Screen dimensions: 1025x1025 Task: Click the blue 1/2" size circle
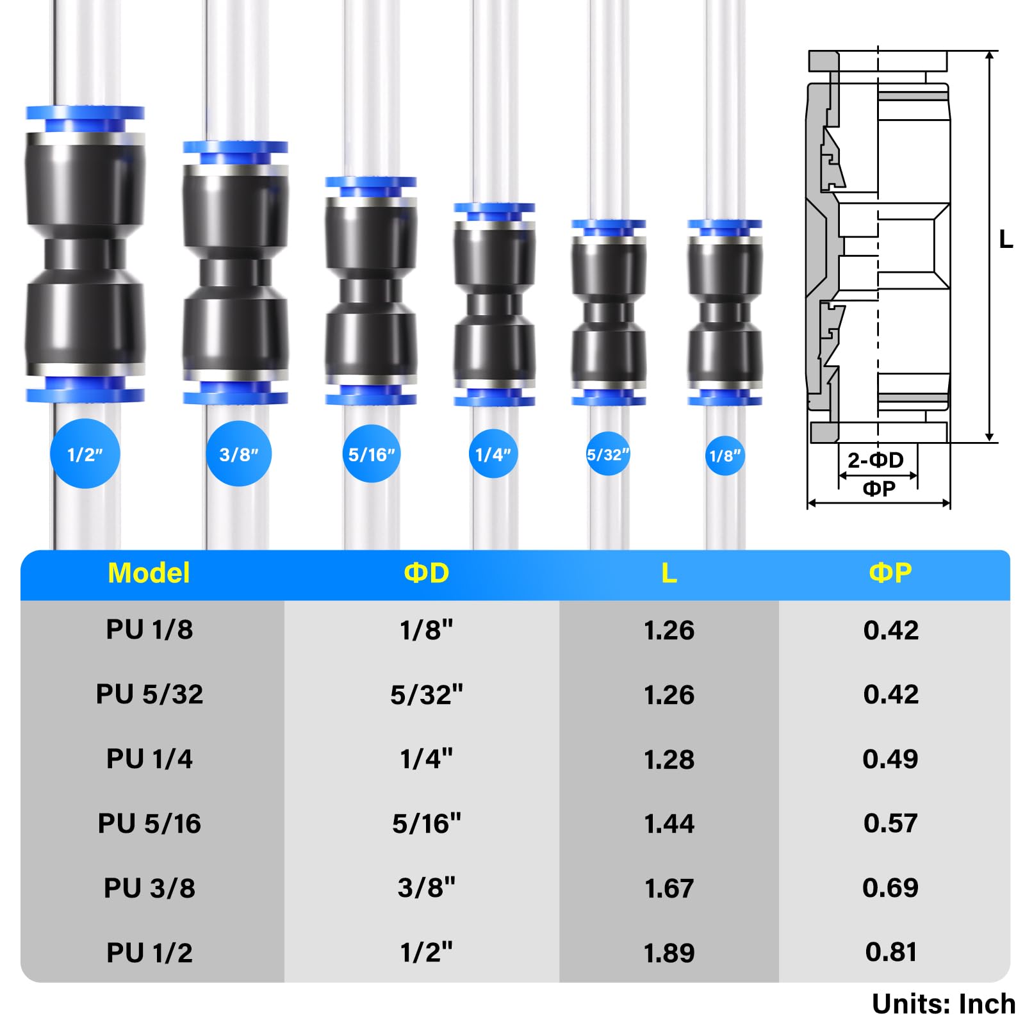[85, 454]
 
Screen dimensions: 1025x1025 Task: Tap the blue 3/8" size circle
[238, 454]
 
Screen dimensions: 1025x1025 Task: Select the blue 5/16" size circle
[372, 454]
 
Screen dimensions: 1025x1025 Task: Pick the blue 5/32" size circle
[607, 454]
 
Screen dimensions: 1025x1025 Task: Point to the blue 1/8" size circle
[725, 455]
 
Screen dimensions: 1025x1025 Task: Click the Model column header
[149, 573]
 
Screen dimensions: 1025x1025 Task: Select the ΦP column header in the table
[890, 573]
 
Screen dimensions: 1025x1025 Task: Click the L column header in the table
[669, 573]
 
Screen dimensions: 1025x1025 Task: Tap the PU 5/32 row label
[149, 694]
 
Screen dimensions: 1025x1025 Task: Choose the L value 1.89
[669, 953]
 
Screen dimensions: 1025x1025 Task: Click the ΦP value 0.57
[890, 823]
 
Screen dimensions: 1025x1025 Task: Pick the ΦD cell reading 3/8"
[426, 888]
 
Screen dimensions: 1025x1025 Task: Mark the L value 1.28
[669, 759]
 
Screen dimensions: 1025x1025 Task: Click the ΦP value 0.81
[890, 952]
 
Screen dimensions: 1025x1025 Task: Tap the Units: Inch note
[943, 1004]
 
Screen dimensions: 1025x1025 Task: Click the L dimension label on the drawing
[1006, 240]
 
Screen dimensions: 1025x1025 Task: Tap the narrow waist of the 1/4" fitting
[494, 305]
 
